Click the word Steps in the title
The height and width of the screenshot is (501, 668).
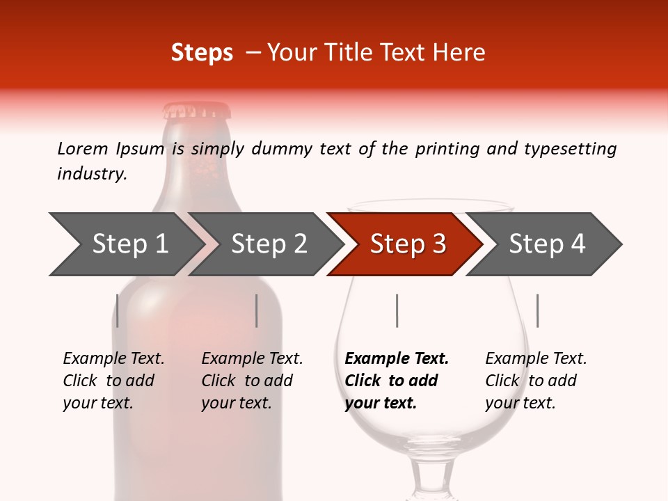pos(202,53)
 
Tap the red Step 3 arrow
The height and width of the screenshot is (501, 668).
pos(407,244)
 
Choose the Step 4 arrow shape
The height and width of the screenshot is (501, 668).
pos(547,244)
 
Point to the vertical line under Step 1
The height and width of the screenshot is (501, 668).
pos(118,310)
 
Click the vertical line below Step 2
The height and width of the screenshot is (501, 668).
pos(257,310)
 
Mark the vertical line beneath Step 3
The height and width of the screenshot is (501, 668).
pos(397,310)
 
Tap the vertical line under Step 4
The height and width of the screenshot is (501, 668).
pos(537,310)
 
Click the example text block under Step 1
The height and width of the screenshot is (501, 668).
pos(113,381)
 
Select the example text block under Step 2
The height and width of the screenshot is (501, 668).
pos(252,381)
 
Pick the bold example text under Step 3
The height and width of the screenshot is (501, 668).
pos(397,381)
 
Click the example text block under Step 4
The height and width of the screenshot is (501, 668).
pos(536,381)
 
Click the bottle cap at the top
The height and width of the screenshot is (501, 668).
pos(196,111)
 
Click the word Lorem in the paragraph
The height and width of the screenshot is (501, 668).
pos(83,149)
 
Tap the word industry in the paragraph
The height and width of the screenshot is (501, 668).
pos(92,174)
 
